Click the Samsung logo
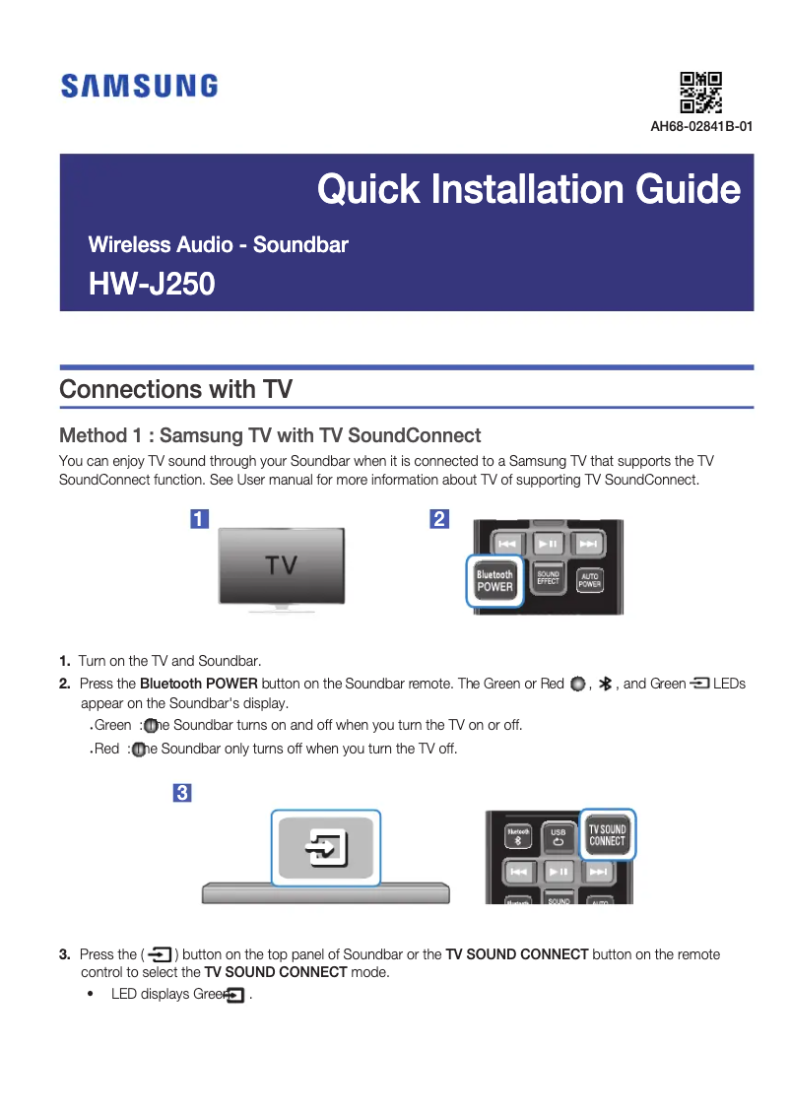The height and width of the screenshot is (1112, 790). pos(139,87)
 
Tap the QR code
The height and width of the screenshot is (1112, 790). pos(701,93)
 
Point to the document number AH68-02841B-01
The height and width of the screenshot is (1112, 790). pos(701,126)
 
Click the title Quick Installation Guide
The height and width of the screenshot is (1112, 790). pos(528,189)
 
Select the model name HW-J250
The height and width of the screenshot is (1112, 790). pos(152,286)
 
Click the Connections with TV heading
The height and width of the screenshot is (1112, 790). pos(175,389)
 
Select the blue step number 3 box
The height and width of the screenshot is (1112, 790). pos(181,792)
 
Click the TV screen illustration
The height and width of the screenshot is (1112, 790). pos(282,565)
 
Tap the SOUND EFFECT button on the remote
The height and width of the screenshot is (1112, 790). pos(548,579)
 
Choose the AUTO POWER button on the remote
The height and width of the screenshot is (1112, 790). pos(589,580)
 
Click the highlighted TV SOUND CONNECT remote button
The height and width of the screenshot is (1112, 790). pos(607,835)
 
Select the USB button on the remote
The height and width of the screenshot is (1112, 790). pos(558,836)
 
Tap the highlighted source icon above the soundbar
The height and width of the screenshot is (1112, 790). pos(325,847)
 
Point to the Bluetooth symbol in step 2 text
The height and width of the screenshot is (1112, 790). pos(606,684)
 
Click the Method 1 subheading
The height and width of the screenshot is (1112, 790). pos(270,435)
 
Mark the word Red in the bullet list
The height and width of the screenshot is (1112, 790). pos(105,749)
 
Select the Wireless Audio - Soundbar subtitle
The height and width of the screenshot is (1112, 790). pos(218,244)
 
